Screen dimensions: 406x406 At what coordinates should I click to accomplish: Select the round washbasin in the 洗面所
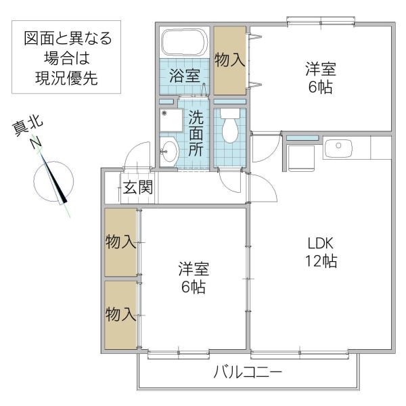click(168, 150)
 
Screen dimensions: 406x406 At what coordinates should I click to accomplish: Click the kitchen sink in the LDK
click(336, 147)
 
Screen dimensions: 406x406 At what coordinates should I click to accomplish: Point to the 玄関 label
click(137, 188)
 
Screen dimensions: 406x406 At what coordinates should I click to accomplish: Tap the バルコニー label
click(247, 372)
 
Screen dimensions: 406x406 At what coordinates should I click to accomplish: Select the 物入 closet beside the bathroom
click(230, 60)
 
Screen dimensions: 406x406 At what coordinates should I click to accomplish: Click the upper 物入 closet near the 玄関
click(121, 242)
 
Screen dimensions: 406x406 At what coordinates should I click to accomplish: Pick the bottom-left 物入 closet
click(121, 314)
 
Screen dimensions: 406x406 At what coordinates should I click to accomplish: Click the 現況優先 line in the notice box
click(66, 78)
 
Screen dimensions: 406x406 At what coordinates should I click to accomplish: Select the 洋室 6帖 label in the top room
click(319, 78)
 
